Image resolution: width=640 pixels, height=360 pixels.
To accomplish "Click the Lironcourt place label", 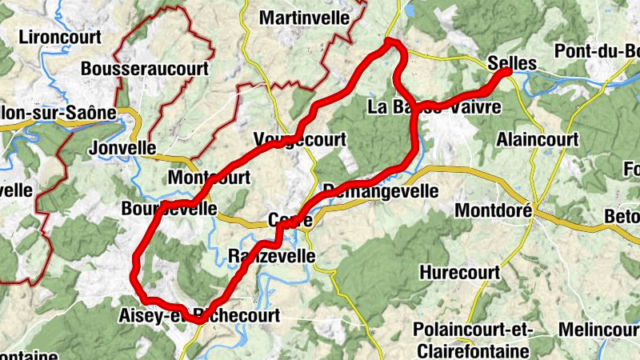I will click(59, 37).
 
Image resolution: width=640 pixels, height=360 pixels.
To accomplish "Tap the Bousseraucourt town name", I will click(144, 69).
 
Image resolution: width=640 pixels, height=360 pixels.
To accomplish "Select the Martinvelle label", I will click(305, 18).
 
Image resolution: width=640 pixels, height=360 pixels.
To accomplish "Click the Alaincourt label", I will click(537, 139).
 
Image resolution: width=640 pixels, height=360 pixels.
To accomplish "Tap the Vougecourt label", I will click(299, 139).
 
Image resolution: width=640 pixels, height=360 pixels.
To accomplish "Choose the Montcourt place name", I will click(210, 177).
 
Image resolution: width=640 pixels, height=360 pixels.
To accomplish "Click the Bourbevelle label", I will click(170, 208).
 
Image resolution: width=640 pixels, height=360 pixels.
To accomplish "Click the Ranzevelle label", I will click(271, 256).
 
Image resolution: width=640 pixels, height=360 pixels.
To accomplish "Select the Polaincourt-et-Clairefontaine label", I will click(472, 339).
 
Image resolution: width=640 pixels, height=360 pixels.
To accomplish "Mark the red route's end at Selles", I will click(506, 73).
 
